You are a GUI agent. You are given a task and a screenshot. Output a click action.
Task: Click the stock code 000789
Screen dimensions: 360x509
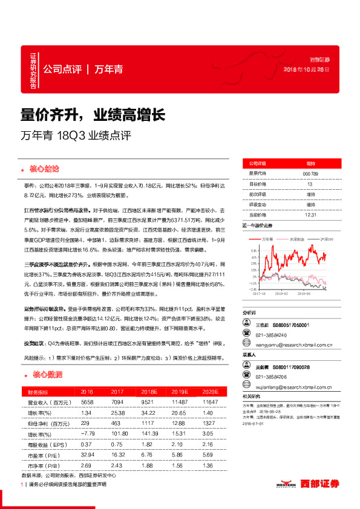310,174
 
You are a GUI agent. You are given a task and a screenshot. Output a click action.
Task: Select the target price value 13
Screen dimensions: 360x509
310,184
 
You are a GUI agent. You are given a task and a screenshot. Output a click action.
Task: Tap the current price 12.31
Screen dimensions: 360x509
310,214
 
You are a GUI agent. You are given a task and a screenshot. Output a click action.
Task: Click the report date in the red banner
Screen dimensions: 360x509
307,69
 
